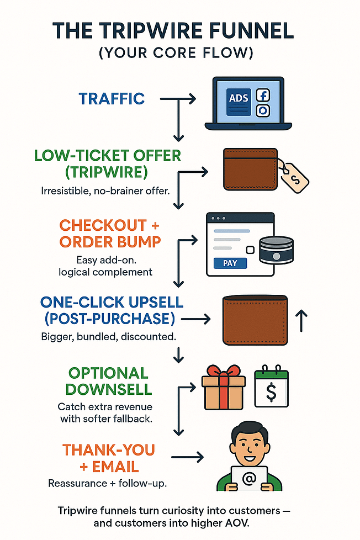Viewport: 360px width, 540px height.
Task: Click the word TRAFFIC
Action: coord(112,99)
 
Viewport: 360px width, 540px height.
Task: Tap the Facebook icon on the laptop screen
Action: coord(262,95)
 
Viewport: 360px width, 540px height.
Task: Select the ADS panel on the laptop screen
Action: coord(239,102)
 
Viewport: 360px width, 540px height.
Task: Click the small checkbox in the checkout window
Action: coord(251,250)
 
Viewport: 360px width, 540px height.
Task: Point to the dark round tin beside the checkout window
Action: coord(276,250)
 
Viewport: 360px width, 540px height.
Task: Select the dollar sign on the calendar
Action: coord(272,391)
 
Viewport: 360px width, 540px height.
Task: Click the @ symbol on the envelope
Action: coord(250,478)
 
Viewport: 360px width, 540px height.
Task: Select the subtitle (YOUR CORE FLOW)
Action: coord(176,52)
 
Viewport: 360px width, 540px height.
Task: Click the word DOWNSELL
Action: coord(109,389)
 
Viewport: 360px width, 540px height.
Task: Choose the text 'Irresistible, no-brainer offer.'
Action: coord(105,190)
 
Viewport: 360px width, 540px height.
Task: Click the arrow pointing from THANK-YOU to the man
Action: coord(187,457)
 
